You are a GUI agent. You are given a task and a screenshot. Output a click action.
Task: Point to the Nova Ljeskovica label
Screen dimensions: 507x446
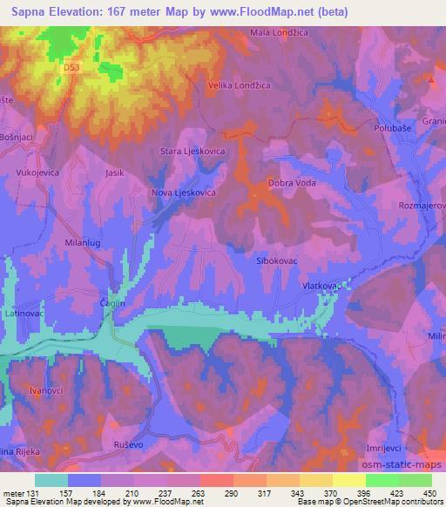pos(183,193)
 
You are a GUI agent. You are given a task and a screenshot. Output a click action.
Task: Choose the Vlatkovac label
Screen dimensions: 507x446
pos(320,286)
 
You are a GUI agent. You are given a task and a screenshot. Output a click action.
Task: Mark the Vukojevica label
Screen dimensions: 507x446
pos(37,173)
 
